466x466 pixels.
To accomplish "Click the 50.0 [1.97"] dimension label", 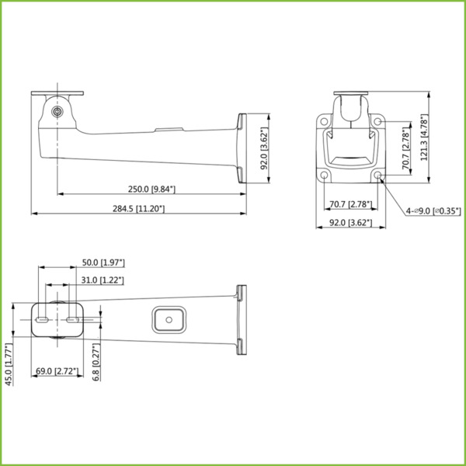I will click(103, 263).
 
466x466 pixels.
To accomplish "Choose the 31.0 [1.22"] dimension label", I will click(103, 280).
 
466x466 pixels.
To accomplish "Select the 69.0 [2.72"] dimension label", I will click(57, 372).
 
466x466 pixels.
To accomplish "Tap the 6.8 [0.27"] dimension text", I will click(96, 362).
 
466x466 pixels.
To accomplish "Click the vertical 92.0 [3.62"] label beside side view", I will click(264, 149).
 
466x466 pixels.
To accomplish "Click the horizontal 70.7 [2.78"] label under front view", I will click(347, 204).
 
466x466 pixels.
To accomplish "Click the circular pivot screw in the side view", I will click(58, 111).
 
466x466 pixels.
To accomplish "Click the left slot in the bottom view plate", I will click(43, 318).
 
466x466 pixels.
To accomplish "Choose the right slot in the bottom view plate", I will click(72, 318).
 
